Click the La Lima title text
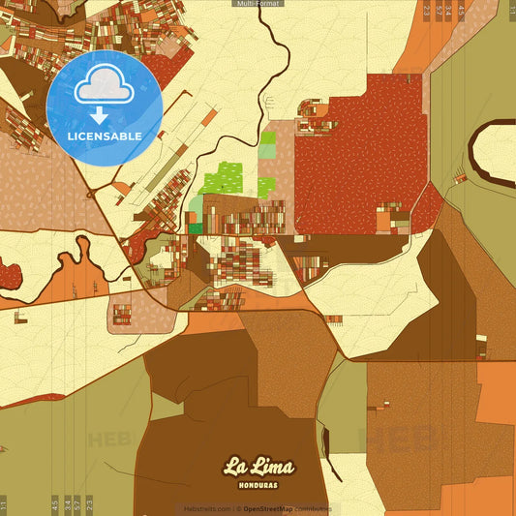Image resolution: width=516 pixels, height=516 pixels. point(258,466)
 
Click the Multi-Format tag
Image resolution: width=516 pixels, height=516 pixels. point(258,4)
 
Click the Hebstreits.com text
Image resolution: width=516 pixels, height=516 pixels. point(205,508)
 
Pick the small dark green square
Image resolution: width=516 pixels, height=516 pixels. point(197,228)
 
